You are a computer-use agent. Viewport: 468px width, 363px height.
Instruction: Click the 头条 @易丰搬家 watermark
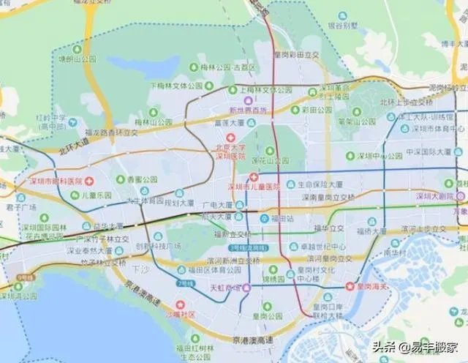click(x=416, y=348)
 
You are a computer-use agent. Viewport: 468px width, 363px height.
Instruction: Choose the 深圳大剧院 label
click(x=435, y=196)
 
